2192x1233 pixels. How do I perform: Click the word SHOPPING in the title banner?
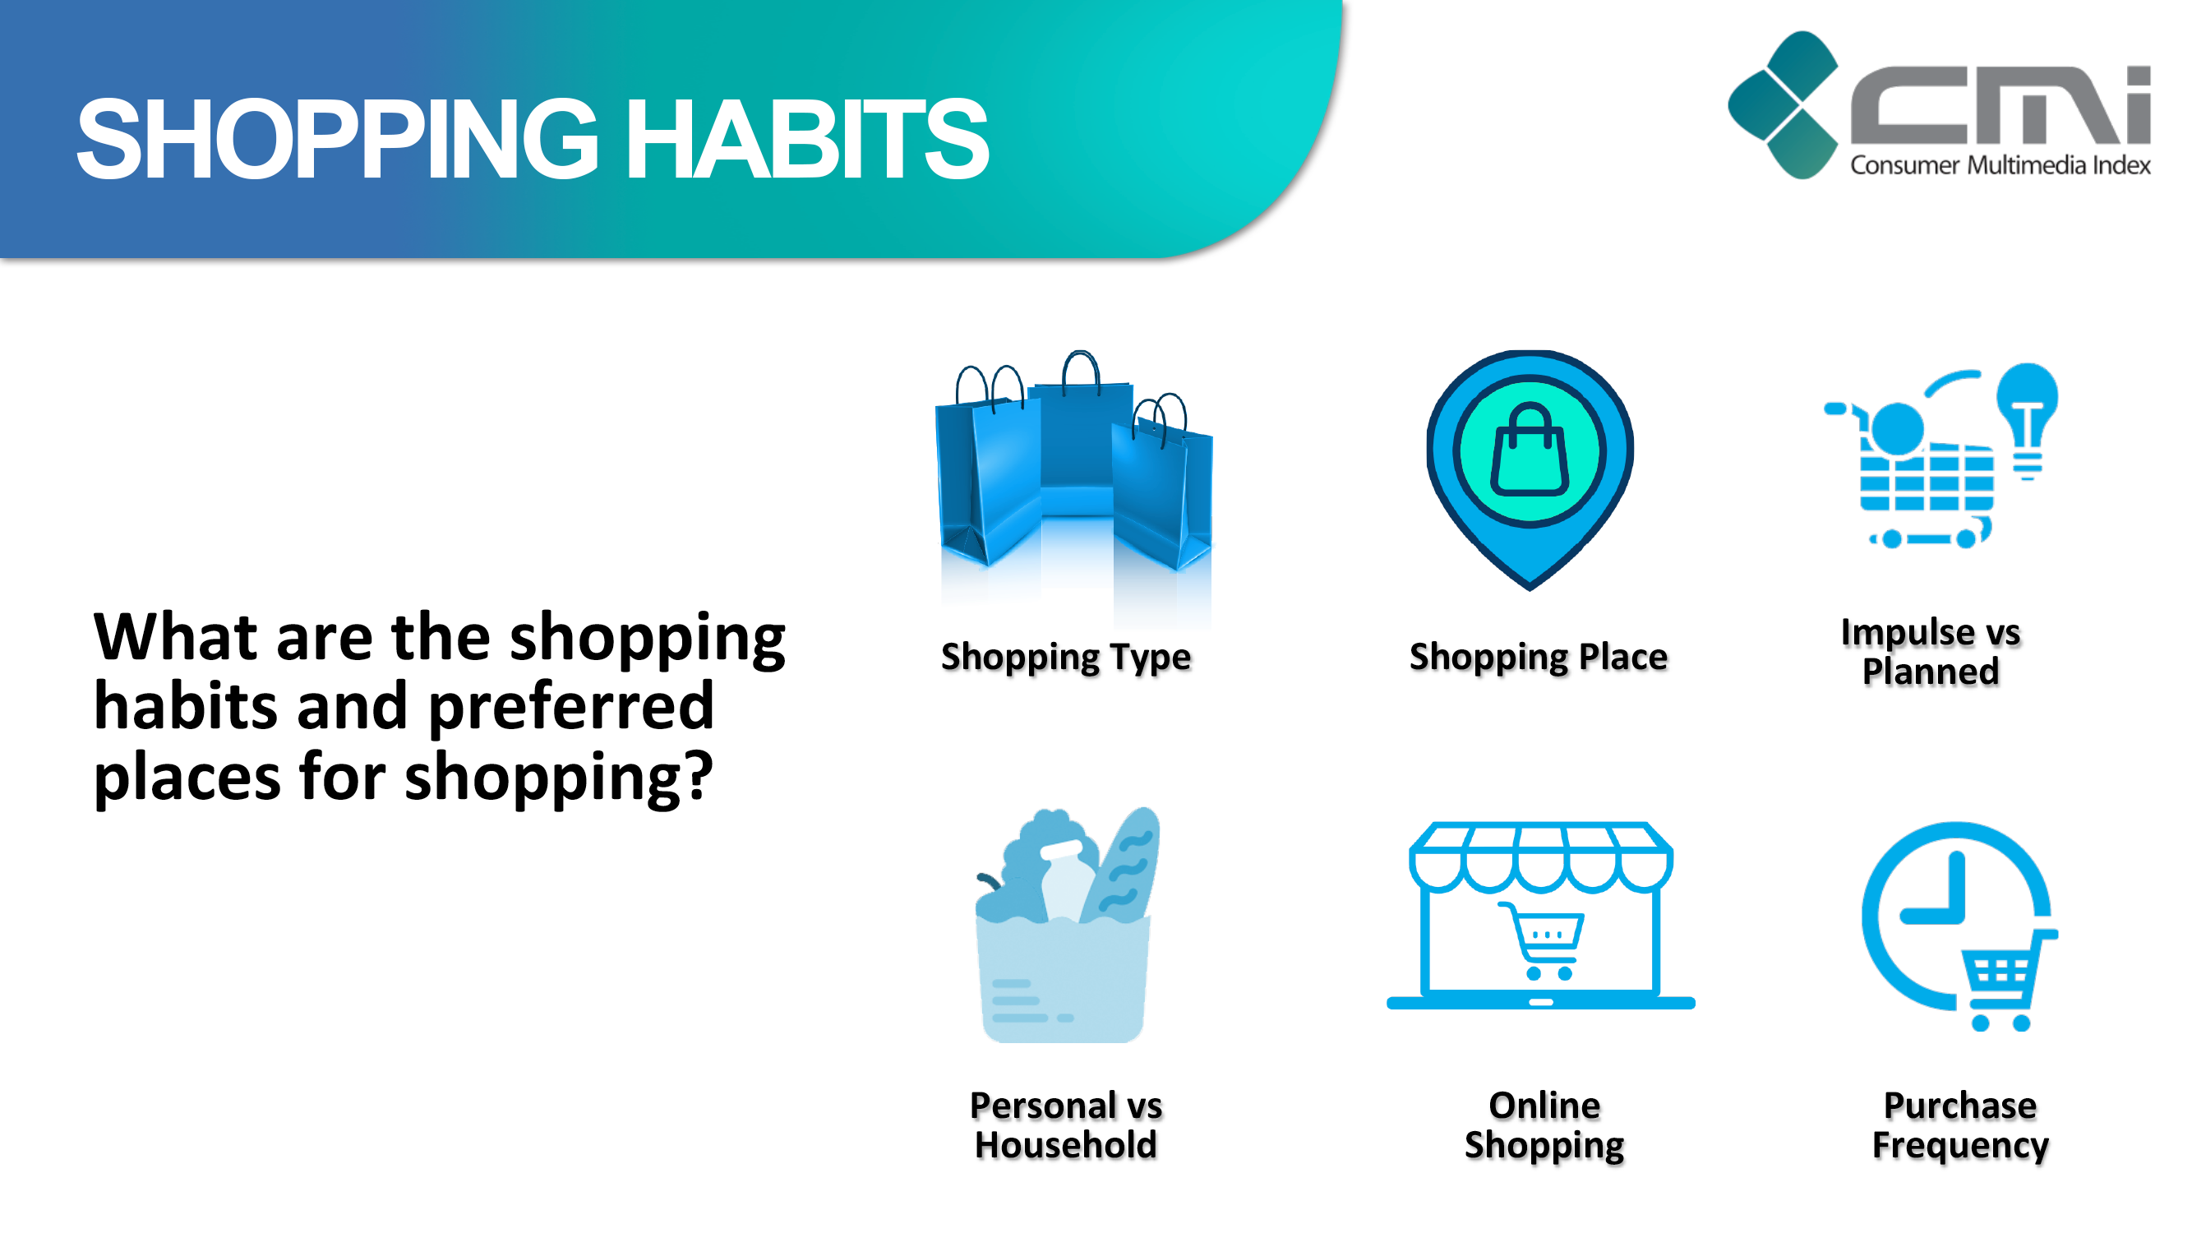coord(338,139)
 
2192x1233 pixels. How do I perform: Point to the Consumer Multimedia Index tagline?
coord(2000,165)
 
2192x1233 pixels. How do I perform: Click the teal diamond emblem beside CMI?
coord(1783,104)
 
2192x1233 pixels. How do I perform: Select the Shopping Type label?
coord(1065,657)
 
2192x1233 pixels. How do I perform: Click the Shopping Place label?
coord(1538,657)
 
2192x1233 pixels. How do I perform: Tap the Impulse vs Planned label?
coord(1930,651)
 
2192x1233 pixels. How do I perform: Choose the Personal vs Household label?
coord(1065,1125)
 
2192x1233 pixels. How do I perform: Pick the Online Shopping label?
coord(1544,1125)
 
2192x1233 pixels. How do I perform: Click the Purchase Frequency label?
coord(1959,1125)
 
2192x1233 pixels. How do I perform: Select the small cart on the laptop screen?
coord(1542,940)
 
